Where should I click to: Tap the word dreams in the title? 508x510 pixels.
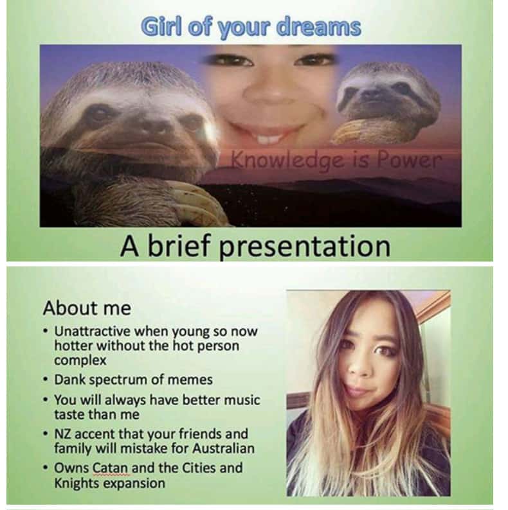318,27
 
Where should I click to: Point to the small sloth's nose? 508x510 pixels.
374,94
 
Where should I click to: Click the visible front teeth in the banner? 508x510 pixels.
269,139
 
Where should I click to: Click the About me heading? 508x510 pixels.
87,308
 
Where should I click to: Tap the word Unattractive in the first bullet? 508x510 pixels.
92,331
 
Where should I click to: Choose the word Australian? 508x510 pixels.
223,448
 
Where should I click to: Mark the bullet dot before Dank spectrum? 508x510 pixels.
46,380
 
